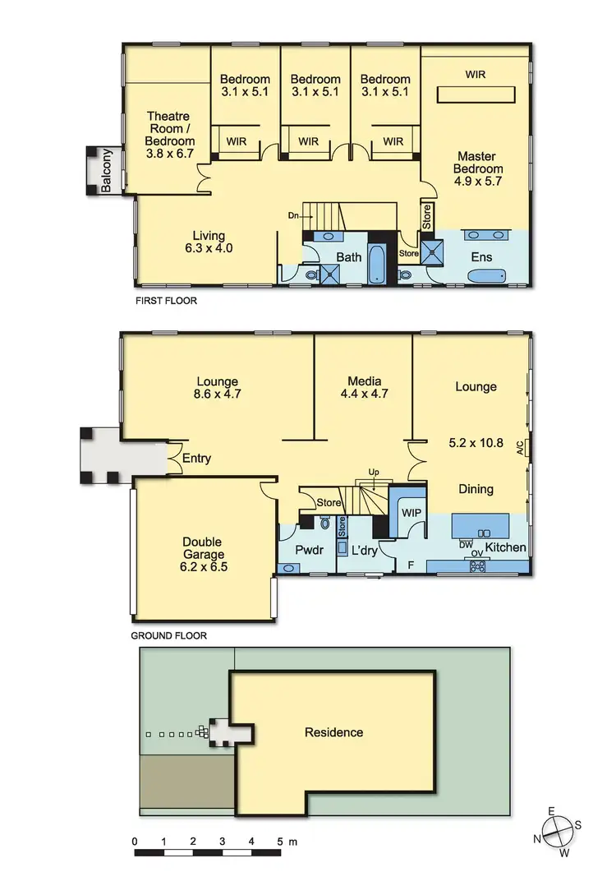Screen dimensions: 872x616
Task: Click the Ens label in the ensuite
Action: coord(481,257)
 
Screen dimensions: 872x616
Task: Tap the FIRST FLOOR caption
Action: coord(166,302)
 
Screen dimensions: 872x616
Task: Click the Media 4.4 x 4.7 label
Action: coord(368,387)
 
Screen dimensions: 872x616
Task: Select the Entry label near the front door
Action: coord(196,459)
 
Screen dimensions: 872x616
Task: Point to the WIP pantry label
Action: coord(411,511)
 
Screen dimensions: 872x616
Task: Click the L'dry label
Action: coord(363,550)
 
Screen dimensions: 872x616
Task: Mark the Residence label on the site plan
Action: coord(333,732)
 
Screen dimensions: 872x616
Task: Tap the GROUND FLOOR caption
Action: coord(169,636)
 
